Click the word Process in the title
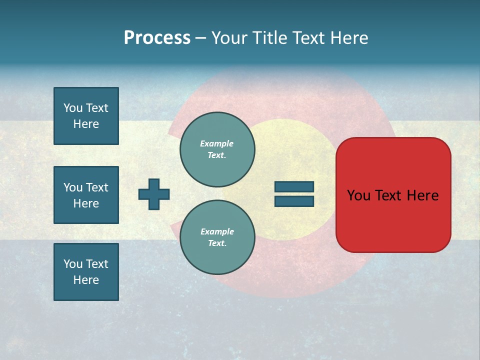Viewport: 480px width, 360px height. (157, 38)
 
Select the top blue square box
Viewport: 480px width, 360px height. (86, 116)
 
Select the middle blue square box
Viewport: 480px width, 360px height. (86, 195)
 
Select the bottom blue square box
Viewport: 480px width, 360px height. (86, 272)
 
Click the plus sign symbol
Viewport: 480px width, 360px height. (154, 194)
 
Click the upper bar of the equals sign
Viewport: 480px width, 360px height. (294, 186)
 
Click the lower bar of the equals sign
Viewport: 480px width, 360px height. (294, 201)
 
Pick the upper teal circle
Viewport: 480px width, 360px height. (217, 149)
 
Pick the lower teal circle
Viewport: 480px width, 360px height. (217, 237)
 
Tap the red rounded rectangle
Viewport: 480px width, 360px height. (393, 220)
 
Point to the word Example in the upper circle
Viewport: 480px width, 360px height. (216, 143)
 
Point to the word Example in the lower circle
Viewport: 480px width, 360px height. (217, 231)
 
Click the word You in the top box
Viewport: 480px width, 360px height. (73, 108)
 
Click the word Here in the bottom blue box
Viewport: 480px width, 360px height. (86, 280)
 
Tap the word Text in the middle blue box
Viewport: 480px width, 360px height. (97, 187)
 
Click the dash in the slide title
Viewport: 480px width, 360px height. (201, 38)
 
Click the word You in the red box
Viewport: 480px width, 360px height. (358, 195)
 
